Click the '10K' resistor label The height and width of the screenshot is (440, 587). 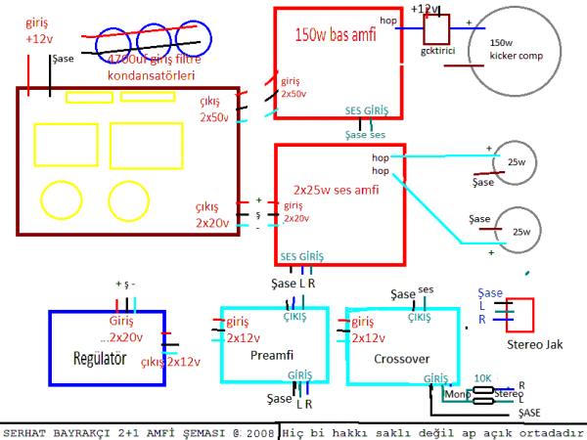(x=482, y=377)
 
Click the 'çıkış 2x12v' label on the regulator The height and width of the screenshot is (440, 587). (x=171, y=362)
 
